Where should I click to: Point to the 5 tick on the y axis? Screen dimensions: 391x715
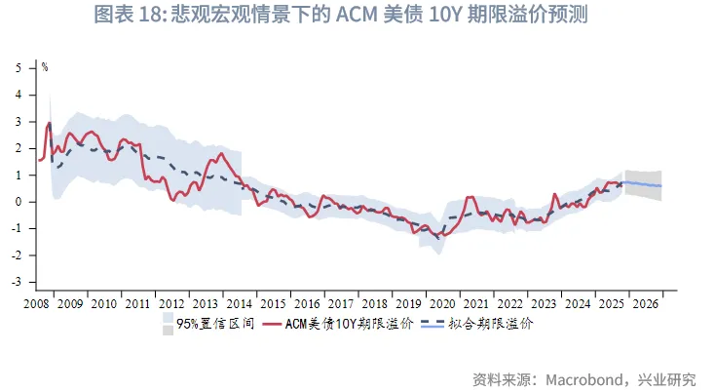click(x=29, y=68)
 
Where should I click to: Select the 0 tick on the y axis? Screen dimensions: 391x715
click(x=29, y=202)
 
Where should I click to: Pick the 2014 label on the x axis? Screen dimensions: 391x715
click(x=239, y=303)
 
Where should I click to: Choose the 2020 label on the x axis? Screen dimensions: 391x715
click(x=442, y=303)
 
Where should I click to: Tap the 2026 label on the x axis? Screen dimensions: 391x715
click(x=645, y=303)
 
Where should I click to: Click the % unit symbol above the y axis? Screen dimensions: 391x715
click(x=45, y=67)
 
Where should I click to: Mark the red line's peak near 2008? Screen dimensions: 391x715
click(x=49, y=123)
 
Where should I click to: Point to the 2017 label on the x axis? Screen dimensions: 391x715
click(x=340, y=303)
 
